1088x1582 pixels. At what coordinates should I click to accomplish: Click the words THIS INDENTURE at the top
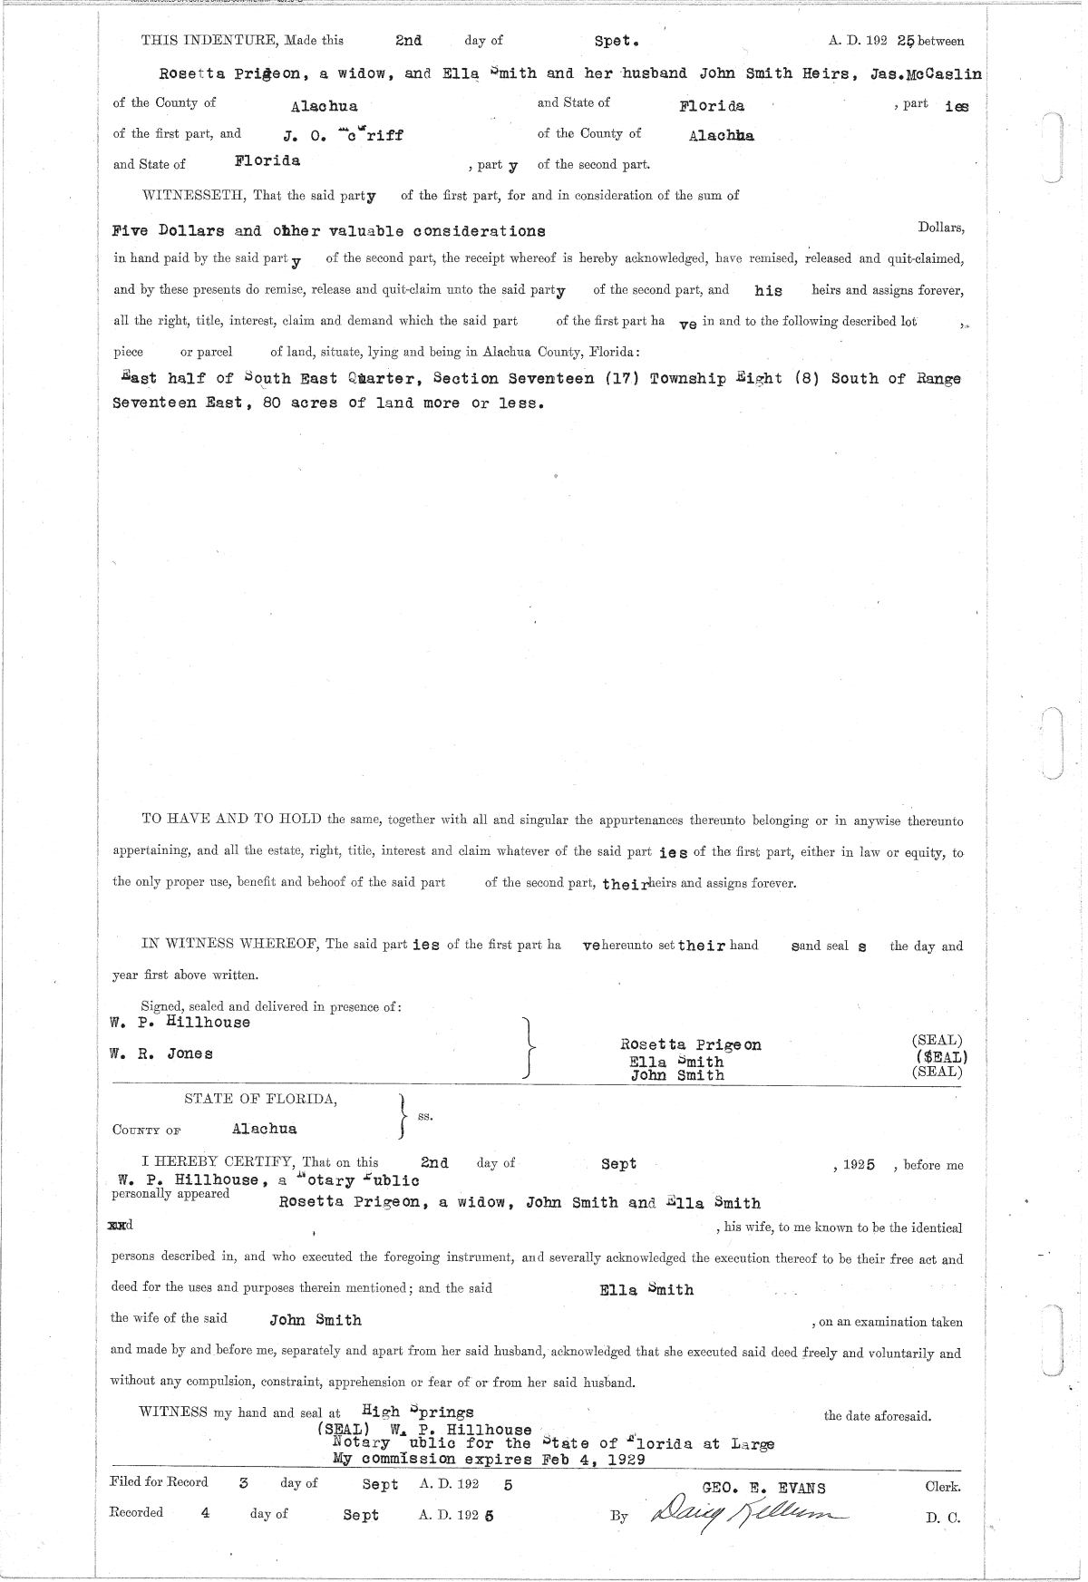[209, 41]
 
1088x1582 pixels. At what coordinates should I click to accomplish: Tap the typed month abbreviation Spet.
[617, 42]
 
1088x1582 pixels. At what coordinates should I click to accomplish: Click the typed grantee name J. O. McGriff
[343, 135]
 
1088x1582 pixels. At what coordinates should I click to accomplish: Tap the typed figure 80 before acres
[271, 403]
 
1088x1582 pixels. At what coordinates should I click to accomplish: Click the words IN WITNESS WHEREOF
[229, 945]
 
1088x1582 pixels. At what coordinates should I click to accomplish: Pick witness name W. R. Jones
[161, 1053]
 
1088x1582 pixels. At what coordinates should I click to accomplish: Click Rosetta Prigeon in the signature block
[691, 1044]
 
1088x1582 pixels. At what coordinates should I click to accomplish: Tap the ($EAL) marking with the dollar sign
[941, 1056]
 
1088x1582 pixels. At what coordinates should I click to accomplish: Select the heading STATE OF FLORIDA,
[261, 1099]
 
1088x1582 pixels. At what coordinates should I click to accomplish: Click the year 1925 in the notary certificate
[859, 1165]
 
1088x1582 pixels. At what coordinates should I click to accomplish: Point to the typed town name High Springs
[417, 1412]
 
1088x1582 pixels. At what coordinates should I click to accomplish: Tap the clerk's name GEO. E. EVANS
[764, 1487]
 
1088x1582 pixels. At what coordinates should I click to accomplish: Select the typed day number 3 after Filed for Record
[243, 1484]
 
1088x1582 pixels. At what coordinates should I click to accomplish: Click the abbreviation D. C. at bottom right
[942, 1518]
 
